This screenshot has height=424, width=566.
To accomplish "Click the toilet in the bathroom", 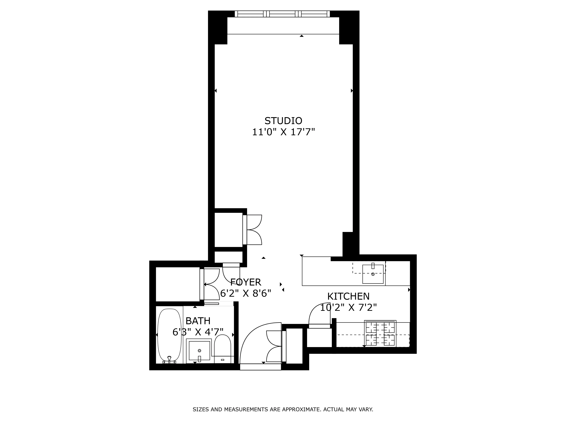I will (x=222, y=348).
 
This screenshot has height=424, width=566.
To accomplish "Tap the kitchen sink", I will (x=373, y=274).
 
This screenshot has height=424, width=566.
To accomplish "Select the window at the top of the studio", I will (x=282, y=14).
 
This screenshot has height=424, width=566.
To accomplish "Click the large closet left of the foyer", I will (x=178, y=284).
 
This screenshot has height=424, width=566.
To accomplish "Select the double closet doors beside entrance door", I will (x=274, y=346).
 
